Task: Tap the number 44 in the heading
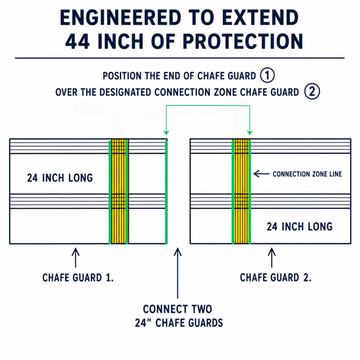[77, 41]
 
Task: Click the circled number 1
[267, 76]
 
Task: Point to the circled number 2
[312, 92]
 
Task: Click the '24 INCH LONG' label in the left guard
[60, 178]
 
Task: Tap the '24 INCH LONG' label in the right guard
[299, 227]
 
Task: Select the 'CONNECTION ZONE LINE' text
[307, 174]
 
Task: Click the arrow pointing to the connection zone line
[261, 174]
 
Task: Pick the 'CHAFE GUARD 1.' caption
[78, 278]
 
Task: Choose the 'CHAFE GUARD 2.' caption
[276, 278]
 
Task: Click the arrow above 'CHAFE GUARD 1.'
[75, 257]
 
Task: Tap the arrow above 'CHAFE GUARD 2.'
[272, 257]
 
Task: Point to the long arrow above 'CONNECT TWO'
[178, 273]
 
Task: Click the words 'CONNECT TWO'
[177, 309]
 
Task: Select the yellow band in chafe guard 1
[119, 192]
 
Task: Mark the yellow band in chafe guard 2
[241, 192]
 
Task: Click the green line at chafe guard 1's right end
[166, 192]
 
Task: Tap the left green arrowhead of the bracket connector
[166, 133]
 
